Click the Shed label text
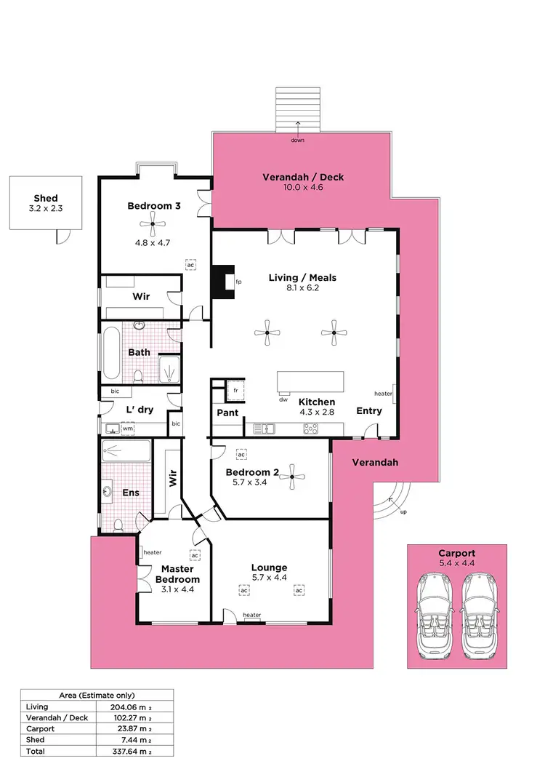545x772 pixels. (45, 198)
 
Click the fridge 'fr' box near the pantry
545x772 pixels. (235, 391)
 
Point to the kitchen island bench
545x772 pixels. (310, 383)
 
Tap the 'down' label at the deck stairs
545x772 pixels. (297, 140)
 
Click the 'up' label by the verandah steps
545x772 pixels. (403, 512)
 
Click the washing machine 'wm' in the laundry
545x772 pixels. (128, 429)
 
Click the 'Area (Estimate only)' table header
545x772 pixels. (97, 695)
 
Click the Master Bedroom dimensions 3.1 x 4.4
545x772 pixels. (177, 589)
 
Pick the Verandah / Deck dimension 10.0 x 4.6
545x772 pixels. (303, 187)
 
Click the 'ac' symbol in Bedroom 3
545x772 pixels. (190, 265)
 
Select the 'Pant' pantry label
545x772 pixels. (227, 413)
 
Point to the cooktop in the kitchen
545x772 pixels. (310, 429)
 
